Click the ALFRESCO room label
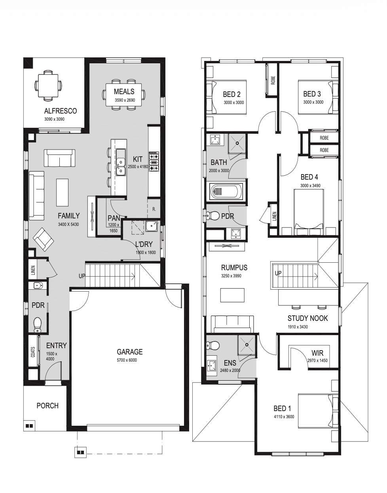point(60,111)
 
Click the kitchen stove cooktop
point(154,161)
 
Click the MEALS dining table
point(124,95)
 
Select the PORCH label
point(47,406)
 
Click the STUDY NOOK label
point(307,318)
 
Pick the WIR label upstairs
point(317,353)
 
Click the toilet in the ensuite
point(213,345)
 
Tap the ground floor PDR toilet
point(37,325)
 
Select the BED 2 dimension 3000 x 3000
point(233,102)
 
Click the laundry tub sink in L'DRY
point(152,226)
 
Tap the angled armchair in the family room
point(44,239)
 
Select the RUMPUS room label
point(234,268)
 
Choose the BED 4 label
point(309,177)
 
